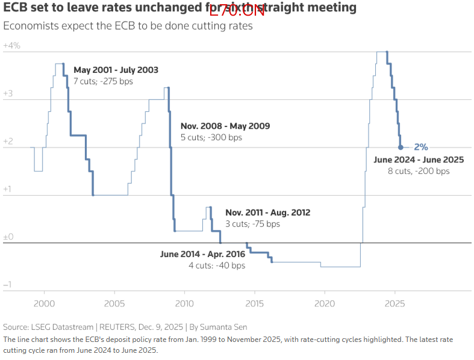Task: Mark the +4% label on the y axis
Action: (11, 46)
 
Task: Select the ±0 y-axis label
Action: (8, 237)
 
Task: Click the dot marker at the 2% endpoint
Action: (401, 147)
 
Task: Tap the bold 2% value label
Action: (420, 147)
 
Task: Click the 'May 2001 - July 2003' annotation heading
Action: (116, 70)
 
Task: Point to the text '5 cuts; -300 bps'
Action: (211, 137)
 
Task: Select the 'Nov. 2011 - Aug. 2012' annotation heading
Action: (267, 213)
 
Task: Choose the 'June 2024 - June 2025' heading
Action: (419, 160)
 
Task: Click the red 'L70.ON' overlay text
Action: (237, 10)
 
